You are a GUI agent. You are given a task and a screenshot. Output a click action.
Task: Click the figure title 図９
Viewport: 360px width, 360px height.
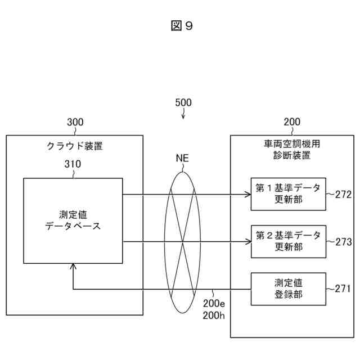click(181, 26)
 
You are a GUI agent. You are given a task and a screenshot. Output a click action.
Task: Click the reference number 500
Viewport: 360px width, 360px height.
click(183, 102)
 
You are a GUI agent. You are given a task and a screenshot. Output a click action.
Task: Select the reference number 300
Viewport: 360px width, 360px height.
click(75, 122)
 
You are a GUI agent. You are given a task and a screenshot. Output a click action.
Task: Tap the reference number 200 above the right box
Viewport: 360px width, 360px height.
click(292, 122)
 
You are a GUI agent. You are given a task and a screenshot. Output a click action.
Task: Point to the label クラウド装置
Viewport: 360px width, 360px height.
click(75, 147)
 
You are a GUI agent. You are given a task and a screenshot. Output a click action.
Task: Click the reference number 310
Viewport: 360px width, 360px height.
click(73, 165)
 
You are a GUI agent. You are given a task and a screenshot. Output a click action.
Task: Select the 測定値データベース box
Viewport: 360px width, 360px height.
click(73, 220)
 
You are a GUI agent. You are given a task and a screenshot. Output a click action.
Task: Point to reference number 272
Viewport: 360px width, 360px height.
click(342, 195)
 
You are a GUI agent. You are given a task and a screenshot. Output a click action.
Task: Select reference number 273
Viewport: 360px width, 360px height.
click(342, 242)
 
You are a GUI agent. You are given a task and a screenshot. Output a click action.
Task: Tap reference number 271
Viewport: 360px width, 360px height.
click(342, 289)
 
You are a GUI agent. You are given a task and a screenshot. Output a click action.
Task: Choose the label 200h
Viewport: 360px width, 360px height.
click(214, 315)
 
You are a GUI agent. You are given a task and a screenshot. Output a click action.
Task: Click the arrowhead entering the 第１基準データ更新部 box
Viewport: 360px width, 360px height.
click(247, 195)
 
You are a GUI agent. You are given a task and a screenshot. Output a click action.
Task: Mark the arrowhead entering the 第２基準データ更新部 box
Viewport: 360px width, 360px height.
click(247, 242)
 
